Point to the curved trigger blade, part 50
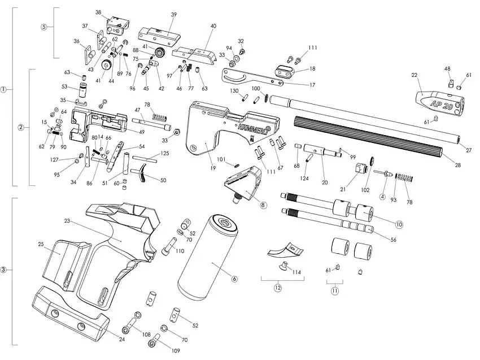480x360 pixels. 145,173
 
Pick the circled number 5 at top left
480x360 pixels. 43,27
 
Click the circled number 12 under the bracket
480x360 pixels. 277,287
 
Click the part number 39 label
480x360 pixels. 173,14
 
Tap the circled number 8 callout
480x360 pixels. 263,206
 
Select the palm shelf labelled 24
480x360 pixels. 73,316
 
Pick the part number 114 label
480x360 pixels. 296,272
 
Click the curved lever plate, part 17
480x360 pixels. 248,77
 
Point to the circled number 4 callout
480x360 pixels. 382,197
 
